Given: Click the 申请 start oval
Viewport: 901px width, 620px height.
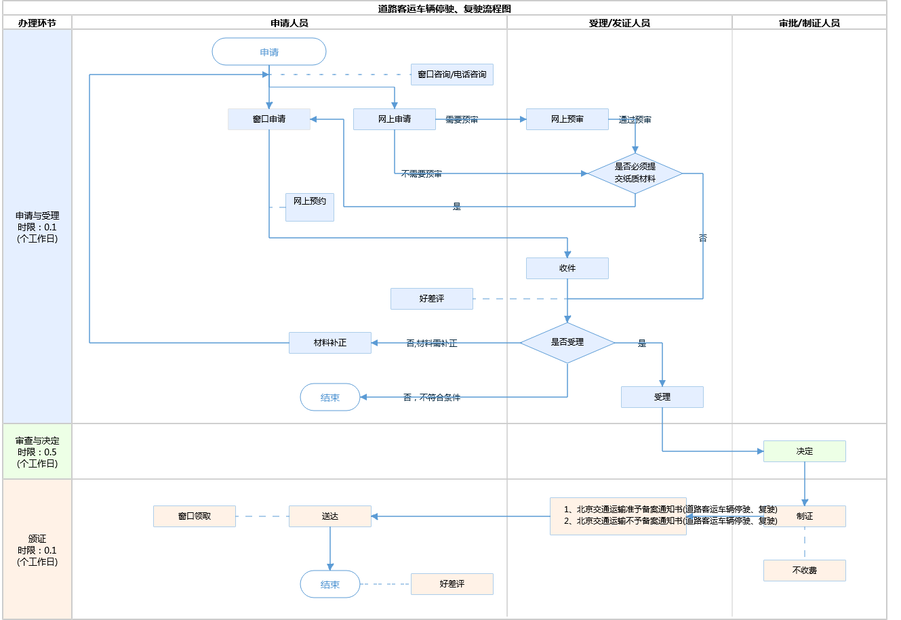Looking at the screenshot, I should point(269,52).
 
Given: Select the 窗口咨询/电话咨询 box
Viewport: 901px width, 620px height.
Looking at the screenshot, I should point(452,75).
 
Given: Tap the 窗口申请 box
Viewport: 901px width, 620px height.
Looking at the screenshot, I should point(269,119).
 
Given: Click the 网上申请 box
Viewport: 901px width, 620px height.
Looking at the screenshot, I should point(395,119).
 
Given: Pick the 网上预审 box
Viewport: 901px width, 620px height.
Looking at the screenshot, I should point(567,119).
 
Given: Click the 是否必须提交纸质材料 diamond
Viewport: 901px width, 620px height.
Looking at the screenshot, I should point(635,173).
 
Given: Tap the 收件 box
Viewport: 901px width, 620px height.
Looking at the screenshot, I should point(567,268).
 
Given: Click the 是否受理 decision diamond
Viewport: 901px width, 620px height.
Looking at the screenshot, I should point(567,343).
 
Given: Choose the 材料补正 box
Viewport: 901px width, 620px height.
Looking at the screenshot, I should point(330,343).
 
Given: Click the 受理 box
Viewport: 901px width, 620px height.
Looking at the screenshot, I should point(662,397).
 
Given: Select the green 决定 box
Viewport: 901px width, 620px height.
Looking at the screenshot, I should point(805,451).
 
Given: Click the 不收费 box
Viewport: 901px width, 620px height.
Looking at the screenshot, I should point(805,571).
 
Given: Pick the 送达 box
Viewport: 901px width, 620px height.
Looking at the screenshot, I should point(330,516).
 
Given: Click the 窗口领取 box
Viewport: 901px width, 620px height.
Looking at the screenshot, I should point(195,516).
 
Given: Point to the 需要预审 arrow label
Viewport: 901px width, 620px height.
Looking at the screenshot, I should point(462,120).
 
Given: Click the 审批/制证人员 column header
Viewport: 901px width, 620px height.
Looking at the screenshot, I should point(809,23).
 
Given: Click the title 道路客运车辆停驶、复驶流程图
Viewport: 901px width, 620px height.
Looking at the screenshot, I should point(445,9).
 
